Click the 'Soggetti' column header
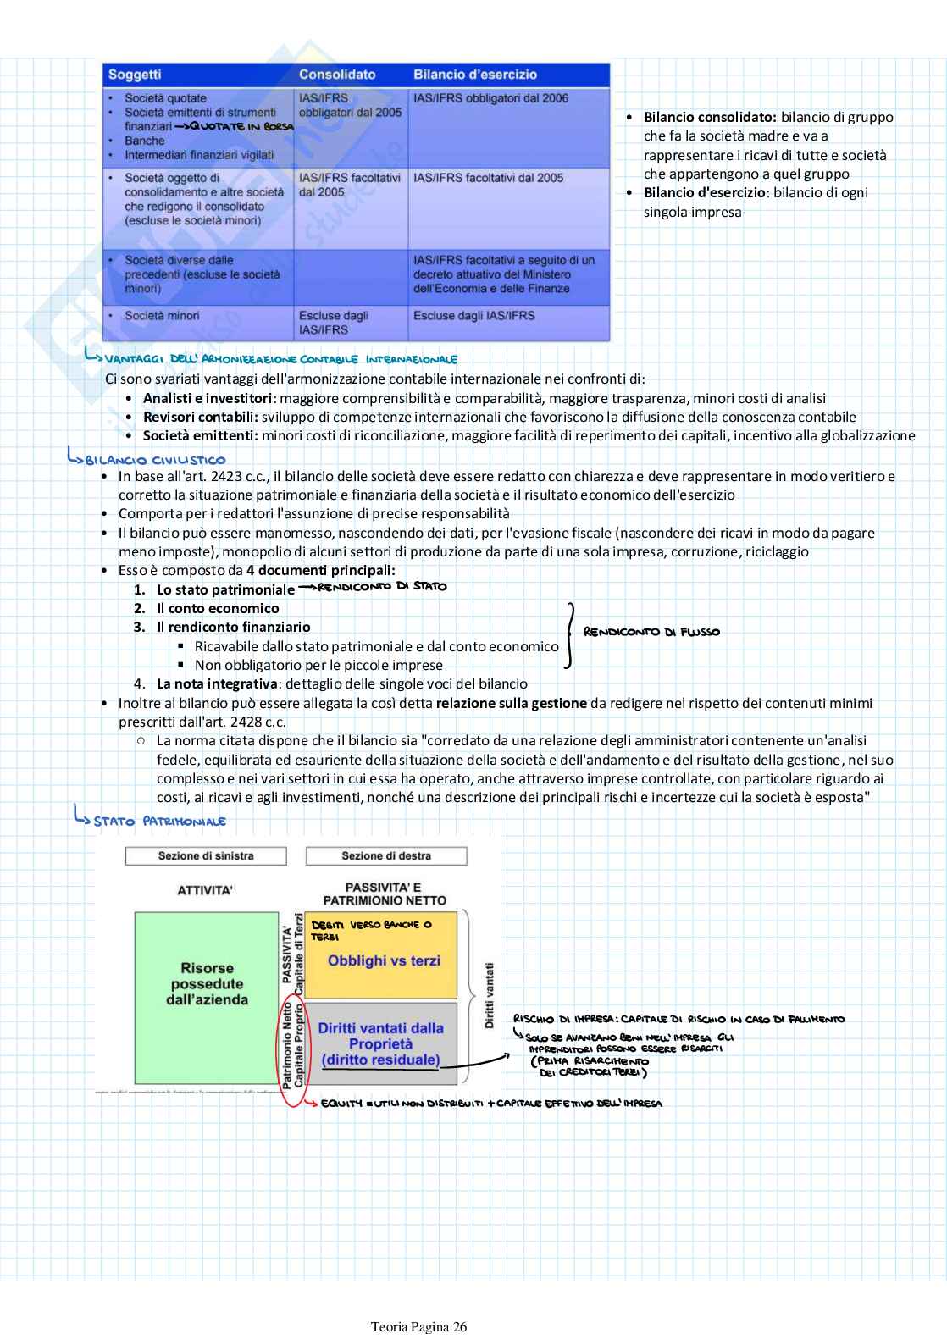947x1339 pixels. (135, 75)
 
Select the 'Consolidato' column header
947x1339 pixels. (337, 75)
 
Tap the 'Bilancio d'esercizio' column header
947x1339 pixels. (474, 75)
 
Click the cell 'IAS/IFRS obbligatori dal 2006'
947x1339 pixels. (490, 98)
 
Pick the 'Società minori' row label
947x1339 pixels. (162, 316)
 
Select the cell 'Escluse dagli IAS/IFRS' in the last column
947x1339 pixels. (474, 316)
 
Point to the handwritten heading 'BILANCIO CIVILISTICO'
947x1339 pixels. (155, 460)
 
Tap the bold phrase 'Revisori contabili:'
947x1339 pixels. (200, 417)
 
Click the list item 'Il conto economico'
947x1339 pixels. (218, 608)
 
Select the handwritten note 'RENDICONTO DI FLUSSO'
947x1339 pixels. (651, 632)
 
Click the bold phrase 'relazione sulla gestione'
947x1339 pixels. (512, 703)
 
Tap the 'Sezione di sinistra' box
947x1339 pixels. (206, 856)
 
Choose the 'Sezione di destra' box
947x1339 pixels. (386, 856)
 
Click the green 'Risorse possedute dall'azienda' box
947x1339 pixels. (207, 984)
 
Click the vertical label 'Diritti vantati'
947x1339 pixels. (489, 995)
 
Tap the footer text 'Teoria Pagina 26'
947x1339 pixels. (418, 1326)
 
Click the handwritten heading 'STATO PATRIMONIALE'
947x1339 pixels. (159, 821)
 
